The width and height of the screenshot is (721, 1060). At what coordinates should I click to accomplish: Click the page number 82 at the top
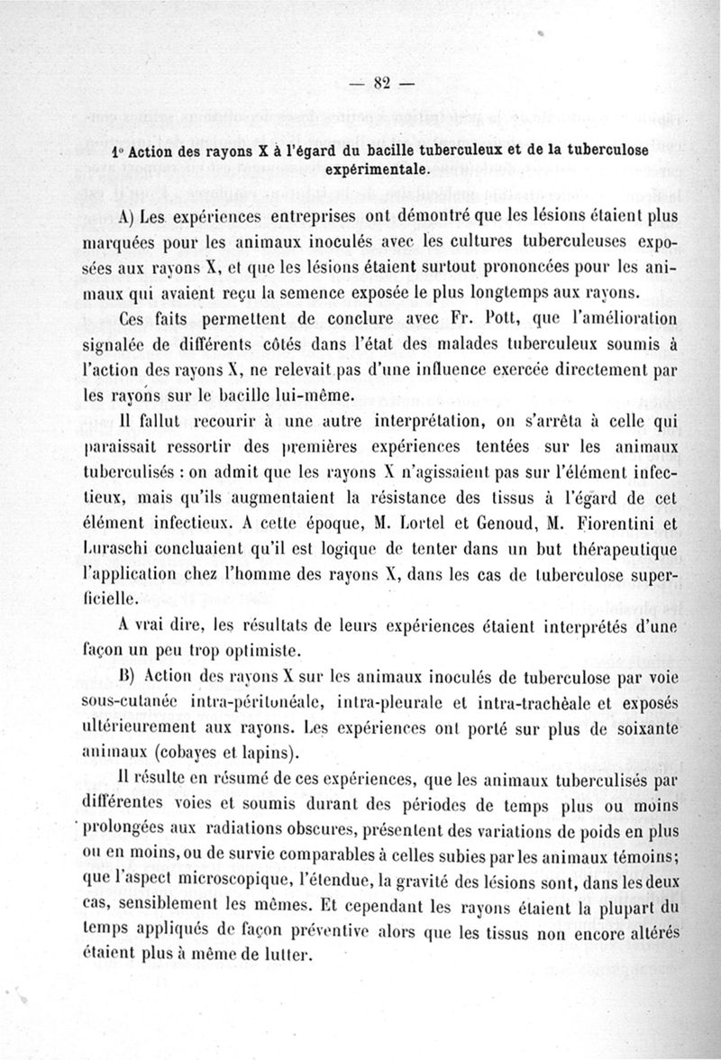point(379,84)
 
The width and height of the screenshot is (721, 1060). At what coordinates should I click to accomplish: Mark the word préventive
point(307,929)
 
